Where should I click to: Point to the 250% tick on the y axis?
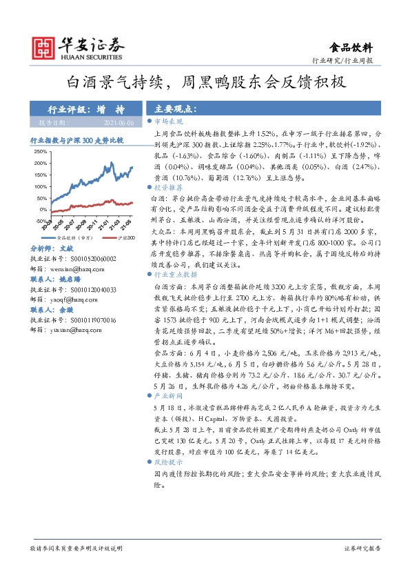[39, 151]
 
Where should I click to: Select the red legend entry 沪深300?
[123, 237]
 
